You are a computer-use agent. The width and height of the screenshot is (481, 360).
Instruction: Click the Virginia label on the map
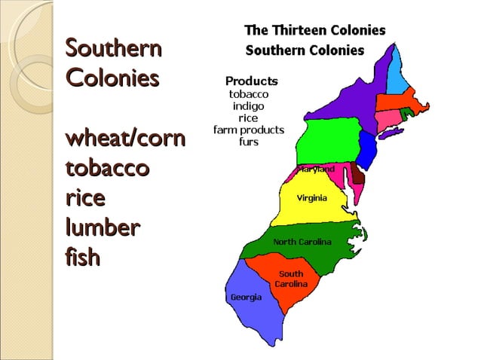[x=311, y=198]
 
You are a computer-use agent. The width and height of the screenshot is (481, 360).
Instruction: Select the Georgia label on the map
[x=247, y=297]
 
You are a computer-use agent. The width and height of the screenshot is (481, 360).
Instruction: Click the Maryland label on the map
[x=317, y=169]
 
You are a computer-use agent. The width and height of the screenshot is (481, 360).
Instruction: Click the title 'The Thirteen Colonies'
[x=314, y=31]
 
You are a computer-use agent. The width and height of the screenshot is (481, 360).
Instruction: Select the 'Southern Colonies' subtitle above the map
[x=305, y=51]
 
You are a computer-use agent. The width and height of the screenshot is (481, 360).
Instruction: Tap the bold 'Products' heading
[x=252, y=81]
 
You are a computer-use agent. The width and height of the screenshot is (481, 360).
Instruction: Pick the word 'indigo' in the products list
[x=248, y=106]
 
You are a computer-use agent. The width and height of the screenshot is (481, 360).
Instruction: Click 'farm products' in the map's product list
[x=248, y=130]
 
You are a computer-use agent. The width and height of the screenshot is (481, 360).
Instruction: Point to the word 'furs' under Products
[x=248, y=142]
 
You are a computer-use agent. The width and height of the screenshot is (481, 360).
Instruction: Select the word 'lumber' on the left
[x=102, y=227]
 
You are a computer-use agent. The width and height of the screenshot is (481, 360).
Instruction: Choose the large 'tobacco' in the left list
[x=107, y=168]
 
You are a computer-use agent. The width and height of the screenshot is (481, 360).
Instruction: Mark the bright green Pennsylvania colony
[x=326, y=144]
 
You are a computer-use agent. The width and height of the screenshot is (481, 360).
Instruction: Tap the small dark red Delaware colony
[x=357, y=177]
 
